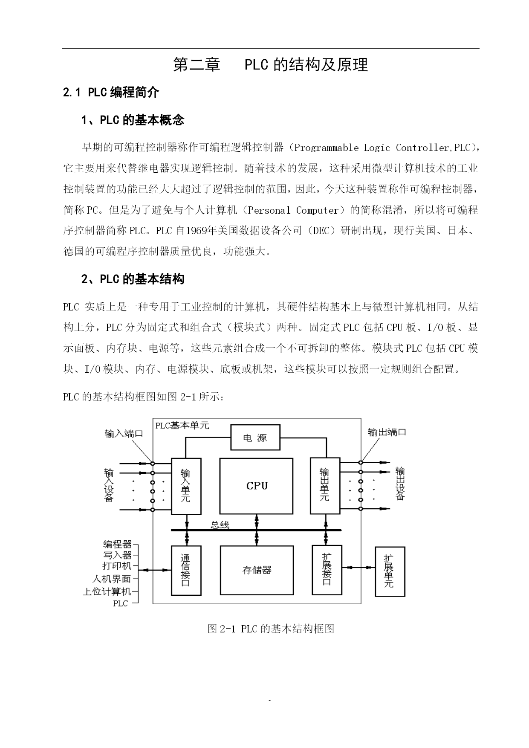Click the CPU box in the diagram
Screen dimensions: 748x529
(x=256, y=486)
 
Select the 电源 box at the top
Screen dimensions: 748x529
(x=255, y=438)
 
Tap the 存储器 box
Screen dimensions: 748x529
(x=257, y=570)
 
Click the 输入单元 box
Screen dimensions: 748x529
(x=186, y=486)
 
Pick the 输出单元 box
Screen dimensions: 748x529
(x=325, y=485)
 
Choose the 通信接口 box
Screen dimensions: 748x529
(x=186, y=570)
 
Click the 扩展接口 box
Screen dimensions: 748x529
(x=327, y=570)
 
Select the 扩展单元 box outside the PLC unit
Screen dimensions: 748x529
(x=389, y=571)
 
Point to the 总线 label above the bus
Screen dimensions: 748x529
(x=220, y=525)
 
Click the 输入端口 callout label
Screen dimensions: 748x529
(x=124, y=434)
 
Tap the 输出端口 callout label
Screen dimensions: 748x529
(x=387, y=432)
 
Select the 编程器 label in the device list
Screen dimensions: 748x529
(x=117, y=545)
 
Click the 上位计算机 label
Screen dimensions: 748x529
(x=107, y=591)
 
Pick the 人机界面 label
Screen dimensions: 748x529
(x=112, y=579)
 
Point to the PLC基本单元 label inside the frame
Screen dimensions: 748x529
(x=182, y=426)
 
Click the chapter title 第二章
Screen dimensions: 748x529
(x=197, y=65)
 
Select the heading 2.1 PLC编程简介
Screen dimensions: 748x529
(x=111, y=93)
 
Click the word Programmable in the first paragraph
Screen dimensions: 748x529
(x=327, y=148)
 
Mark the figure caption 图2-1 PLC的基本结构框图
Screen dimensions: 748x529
(x=271, y=629)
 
